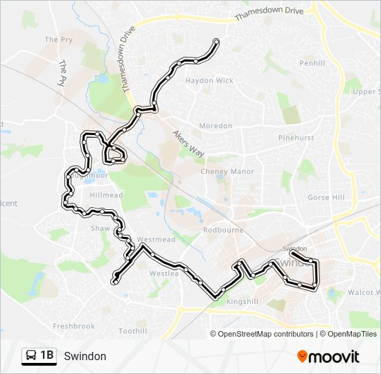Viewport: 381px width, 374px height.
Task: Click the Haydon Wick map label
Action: point(209,80)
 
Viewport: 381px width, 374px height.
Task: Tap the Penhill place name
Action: point(312,63)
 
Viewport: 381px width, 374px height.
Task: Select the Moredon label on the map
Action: point(215,126)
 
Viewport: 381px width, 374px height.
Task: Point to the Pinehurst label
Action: point(296,138)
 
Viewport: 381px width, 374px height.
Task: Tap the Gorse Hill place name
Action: point(326,197)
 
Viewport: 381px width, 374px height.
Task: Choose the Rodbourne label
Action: point(221,230)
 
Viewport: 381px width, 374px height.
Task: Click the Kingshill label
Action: point(241,302)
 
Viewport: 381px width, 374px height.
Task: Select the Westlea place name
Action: point(164,274)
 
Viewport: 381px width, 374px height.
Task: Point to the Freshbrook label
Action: point(73,326)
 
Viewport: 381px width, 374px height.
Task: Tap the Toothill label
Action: point(132,331)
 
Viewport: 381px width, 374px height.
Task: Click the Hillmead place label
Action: point(106,196)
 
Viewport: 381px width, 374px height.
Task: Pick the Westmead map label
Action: point(156,240)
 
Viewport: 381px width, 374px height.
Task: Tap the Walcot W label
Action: point(363,293)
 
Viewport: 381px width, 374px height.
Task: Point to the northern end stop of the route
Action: point(217,42)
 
